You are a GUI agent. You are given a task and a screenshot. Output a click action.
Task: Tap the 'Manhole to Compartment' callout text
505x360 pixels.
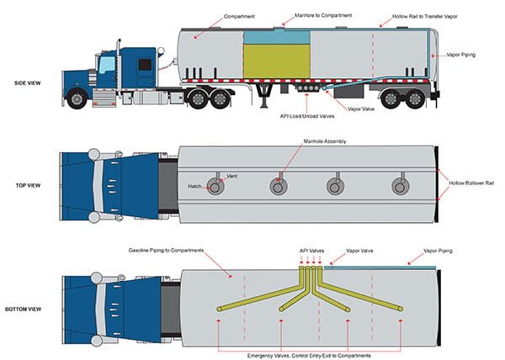pos(322,15)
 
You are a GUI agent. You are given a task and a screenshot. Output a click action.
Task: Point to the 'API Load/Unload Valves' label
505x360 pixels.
pos(308,116)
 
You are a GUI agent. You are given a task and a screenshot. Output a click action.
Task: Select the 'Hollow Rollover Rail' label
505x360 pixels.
pos(472,182)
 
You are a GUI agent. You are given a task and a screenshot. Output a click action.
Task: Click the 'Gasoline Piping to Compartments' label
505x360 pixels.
pos(168,251)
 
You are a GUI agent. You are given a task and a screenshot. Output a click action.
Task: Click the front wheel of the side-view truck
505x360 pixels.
pos(77,98)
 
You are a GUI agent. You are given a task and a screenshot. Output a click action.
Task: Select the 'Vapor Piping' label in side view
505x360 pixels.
pos(460,56)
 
